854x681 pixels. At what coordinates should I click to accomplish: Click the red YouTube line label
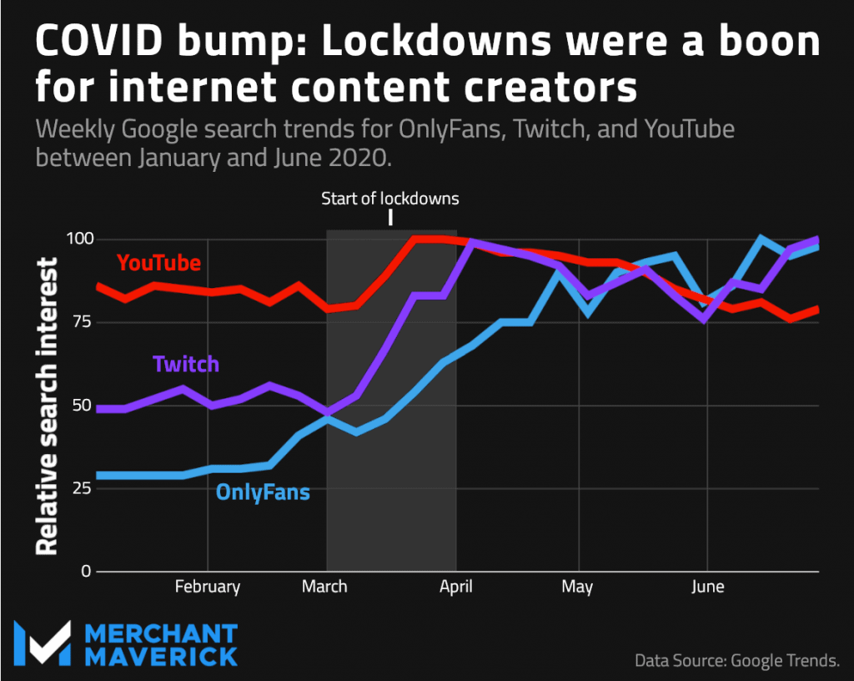point(158,263)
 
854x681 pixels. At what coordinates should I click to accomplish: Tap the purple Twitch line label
point(186,365)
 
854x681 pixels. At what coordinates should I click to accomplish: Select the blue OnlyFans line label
point(263,492)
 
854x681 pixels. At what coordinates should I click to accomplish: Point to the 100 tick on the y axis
point(79,240)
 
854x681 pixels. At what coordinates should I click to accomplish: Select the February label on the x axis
point(208,587)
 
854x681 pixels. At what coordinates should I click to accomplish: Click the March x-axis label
point(324,587)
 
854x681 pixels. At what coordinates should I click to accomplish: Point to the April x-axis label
point(456,587)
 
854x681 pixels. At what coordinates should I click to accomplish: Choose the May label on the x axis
point(577,588)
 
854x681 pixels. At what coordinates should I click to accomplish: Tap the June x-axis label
point(707,587)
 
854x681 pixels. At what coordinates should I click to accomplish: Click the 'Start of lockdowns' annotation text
point(390,199)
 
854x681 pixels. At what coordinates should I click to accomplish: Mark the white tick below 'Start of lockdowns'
point(390,218)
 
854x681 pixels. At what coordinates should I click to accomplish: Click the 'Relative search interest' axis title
point(48,406)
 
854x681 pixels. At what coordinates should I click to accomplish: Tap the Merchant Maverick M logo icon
point(41,643)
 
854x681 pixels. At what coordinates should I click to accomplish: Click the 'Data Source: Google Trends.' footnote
point(737,661)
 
